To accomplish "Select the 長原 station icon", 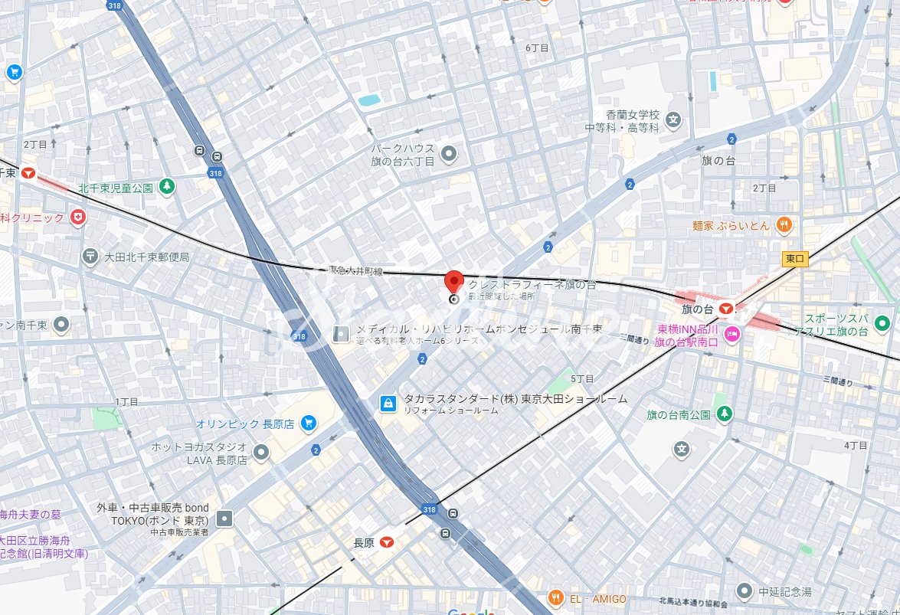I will [387, 542].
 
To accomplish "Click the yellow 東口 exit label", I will [795, 260].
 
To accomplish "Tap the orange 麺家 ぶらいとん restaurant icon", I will [784, 224].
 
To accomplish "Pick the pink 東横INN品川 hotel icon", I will [732, 333].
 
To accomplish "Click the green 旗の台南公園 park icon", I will [724, 414].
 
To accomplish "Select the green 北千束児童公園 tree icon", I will [167, 187].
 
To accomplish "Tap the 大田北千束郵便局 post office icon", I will [90, 257].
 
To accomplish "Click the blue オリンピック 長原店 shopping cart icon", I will [309, 423].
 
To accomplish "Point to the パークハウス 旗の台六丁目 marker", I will [450, 154].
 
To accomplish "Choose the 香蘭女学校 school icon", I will [673, 119].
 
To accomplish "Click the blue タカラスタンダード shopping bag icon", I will [389, 402].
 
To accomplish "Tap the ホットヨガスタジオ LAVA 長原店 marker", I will [262, 453].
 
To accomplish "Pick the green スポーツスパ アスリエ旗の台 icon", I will [883, 323].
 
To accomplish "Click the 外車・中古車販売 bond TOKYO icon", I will [224, 519].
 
